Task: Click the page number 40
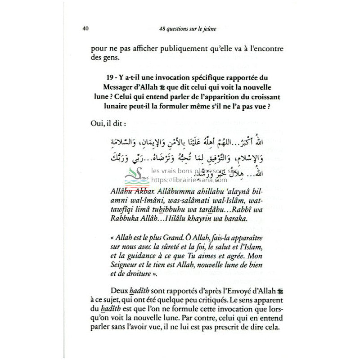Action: tap(85, 30)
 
